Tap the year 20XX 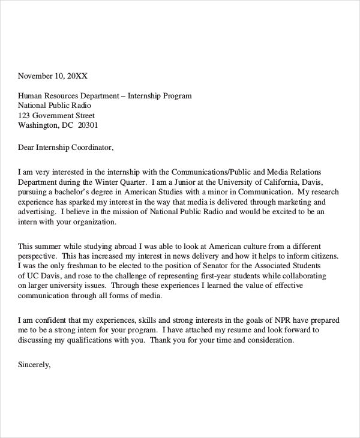click(x=77, y=76)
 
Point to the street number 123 click(x=24, y=116)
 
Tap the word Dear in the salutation click(x=27, y=147)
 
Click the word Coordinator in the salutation click(x=90, y=147)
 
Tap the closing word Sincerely click(x=35, y=364)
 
